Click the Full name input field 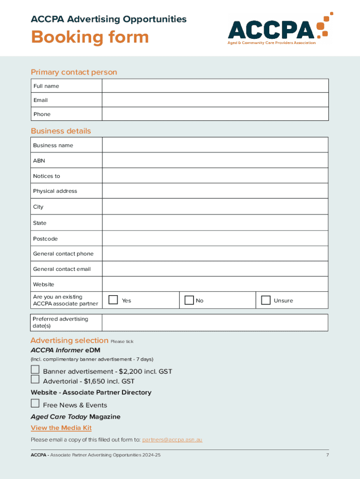(x=215, y=86)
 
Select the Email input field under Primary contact (x=215, y=100)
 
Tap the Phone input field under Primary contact (x=215, y=114)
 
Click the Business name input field (x=215, y=145)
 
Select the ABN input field (x=215, y=160)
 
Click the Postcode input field (x=215, y=239)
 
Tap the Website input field (x=215, y=284)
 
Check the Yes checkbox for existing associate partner (x=113, y=300)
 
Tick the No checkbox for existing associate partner (x=189, y=300)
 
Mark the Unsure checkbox (x=266, y=300)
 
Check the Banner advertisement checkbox (x=35, y=370)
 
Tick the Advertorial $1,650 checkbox (x=35, y=379)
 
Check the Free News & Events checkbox (x=35, y=403)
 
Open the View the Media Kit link (x=61, y=428)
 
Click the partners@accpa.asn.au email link (x=172, y=440)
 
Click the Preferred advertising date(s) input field (x=215, y=322)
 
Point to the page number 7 (x=327, y=455)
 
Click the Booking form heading (x=90, y=37)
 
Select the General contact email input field (x=215, y=269)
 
